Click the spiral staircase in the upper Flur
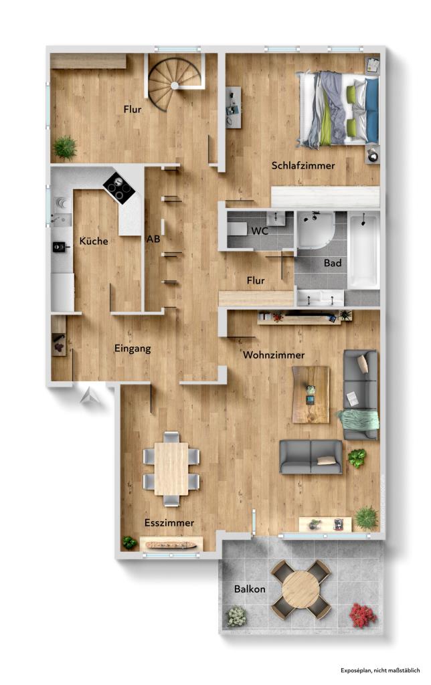coord(173,84)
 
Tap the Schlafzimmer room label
coord(303,165)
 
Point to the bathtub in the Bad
coord(363,250)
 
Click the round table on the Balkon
coord(300,589)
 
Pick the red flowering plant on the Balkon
coord(362,615)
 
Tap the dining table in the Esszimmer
coord(171,469)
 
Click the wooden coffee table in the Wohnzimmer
coord(311,395)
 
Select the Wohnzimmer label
coord(274,355)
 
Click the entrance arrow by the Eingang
coord(89,397)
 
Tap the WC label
coord(260,231)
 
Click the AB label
coord(153,238)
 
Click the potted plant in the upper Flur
coord(65,147)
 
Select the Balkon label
coord(250,589)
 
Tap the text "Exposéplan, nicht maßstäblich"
coord(380,670)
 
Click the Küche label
coord(93,241)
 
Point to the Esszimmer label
coord(169,522)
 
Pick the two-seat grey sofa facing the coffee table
coord(311,457)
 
